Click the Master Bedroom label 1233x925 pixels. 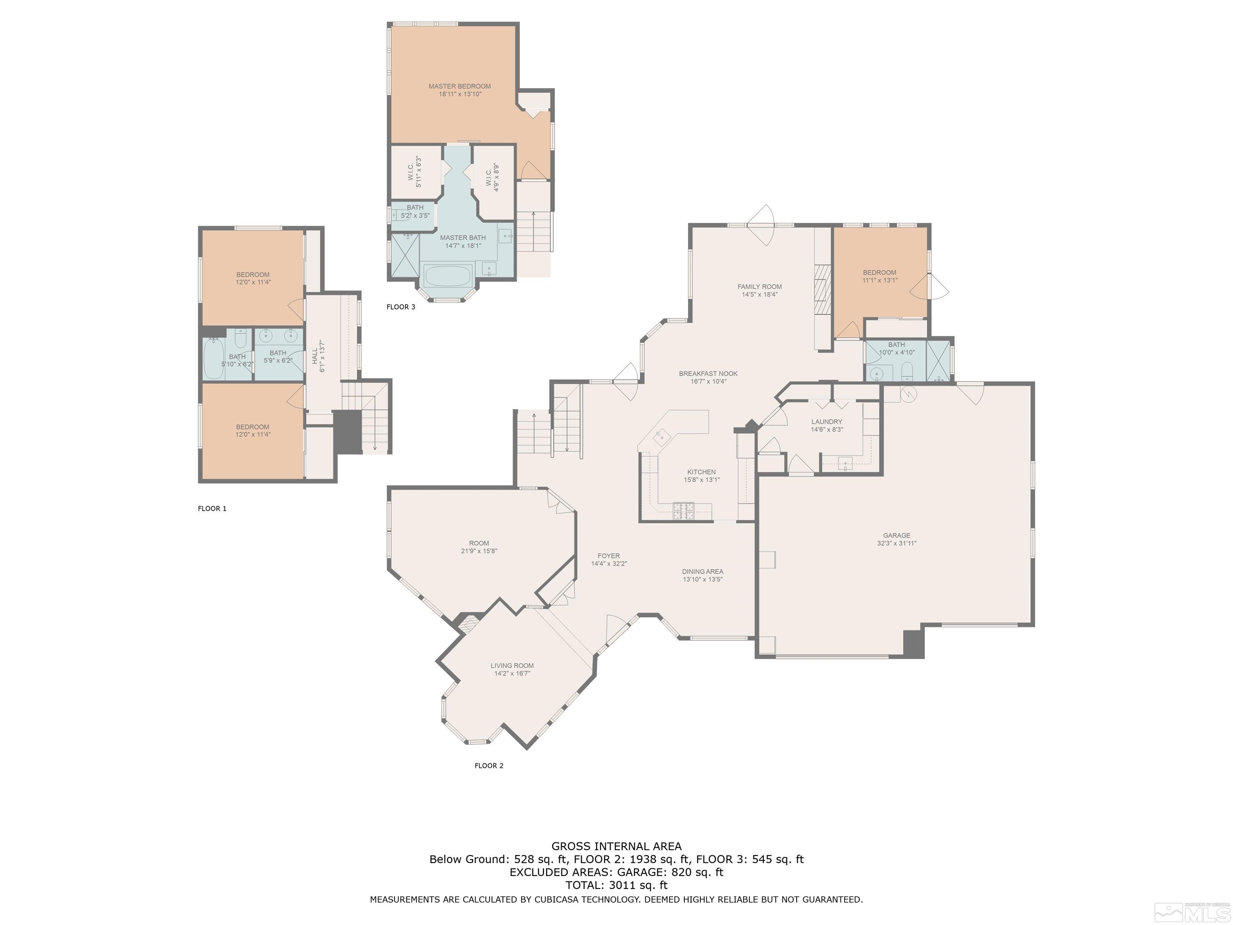tap(459, 86)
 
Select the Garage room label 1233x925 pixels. tap(896, 535)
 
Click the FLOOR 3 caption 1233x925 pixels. tap(401, 307)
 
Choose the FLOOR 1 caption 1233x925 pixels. tap(212, 509)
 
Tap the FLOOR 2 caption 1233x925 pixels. tap(489, 766)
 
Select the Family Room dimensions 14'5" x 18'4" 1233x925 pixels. tap(759, 294)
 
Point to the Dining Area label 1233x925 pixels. tap(702, 572)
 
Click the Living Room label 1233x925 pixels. tap(512, 666)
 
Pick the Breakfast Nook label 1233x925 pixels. tap(708, 373)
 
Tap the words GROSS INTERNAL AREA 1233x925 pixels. tap(616, 846)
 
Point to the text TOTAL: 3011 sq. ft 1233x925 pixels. tap(616, 885)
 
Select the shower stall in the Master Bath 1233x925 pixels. tap(405, 255)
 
